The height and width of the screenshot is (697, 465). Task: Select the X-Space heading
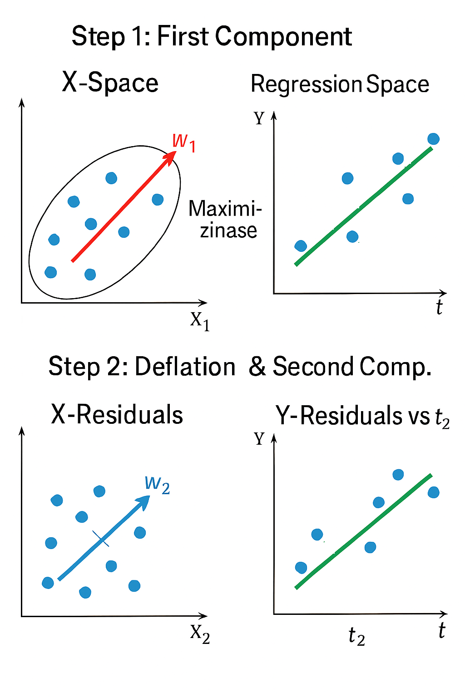pos(110,83)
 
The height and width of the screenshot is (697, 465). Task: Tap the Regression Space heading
pos(340,84)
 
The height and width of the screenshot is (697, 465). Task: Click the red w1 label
pos(184,142)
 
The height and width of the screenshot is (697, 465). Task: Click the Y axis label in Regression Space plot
pos(259,118)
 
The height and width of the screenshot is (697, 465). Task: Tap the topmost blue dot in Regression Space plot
pos(433,139)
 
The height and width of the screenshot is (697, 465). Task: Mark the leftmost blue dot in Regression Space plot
pos(301,246)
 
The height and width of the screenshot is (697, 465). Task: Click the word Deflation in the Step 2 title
pos(185,367)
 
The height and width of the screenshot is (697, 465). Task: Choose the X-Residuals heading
pos(117,415)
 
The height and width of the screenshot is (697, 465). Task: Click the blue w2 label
pos(157,484)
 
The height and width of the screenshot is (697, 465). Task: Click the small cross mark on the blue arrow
pos(101,538)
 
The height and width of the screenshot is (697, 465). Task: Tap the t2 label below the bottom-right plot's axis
pos(356,636)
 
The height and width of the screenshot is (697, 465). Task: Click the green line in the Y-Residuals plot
pos(363,531)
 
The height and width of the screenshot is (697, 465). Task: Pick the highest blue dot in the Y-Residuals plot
pos(398,475)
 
